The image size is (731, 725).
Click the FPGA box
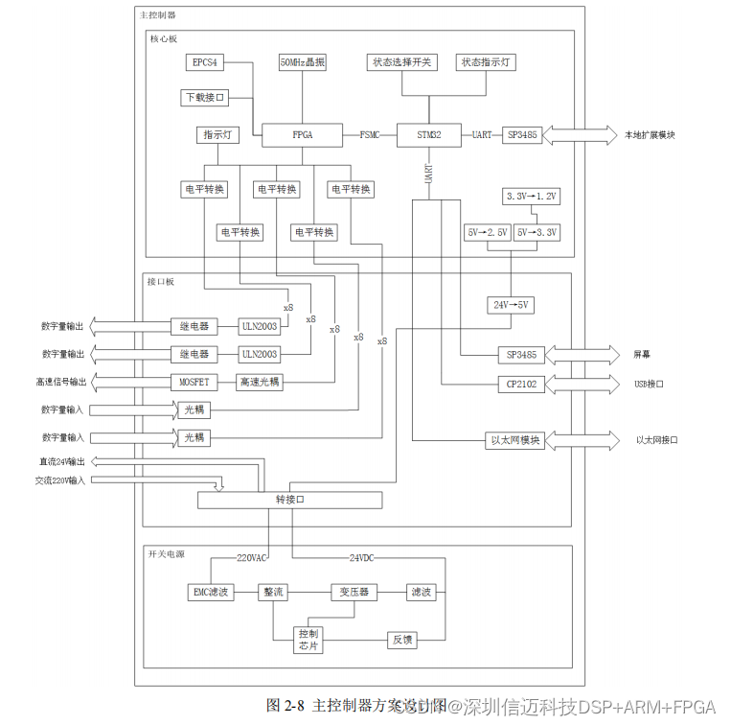[302, 135]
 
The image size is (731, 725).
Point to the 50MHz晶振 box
[302, 63]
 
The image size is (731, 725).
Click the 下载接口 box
[204, 98]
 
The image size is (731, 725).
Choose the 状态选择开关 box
[400, 63]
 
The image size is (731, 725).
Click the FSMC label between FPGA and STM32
[369, 135]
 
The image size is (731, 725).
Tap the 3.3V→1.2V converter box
[532, 197]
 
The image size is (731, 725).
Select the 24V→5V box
[510, 305]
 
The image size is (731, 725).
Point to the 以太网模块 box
[516, 441]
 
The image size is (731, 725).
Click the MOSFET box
[194, 382]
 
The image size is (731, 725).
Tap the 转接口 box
[289, 501]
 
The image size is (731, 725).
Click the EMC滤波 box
[211, 592]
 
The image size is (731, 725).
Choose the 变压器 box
[354, 592]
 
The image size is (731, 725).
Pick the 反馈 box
[401, 640]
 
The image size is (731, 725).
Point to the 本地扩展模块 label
[651, 135]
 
